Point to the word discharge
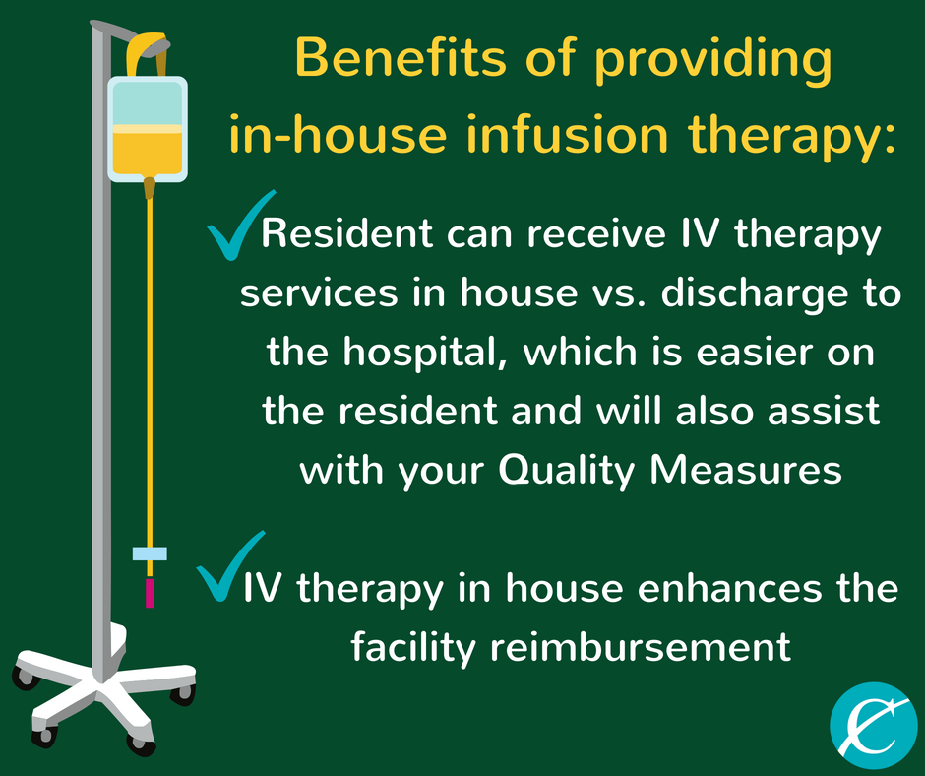point(756,293)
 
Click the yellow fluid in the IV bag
point(148,152)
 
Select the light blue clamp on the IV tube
point(150,553)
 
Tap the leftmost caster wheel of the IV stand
point(21,678)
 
